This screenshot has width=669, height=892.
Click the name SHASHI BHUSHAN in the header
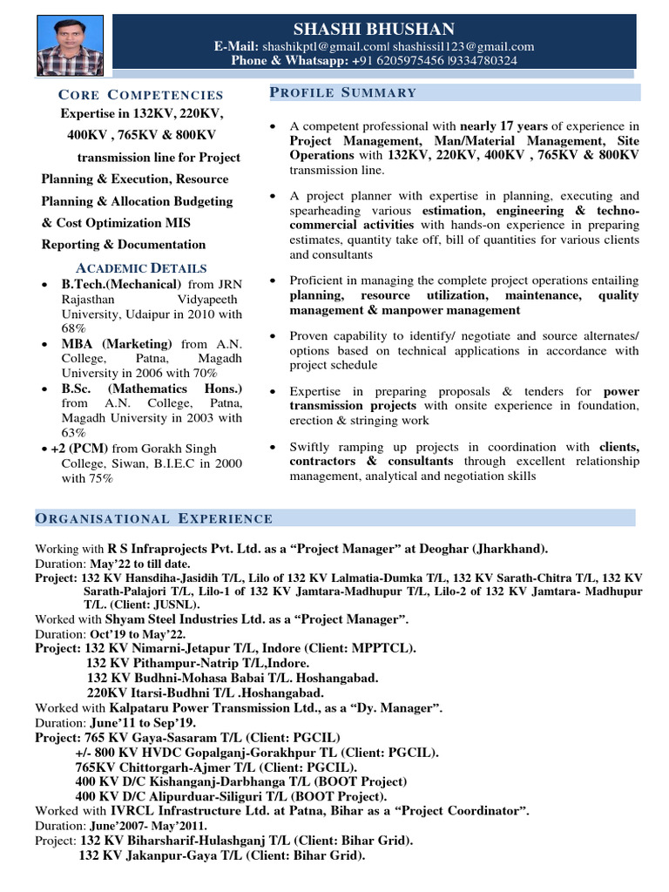[x=374, y=29]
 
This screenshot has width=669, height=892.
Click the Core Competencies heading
[x=140, y=94]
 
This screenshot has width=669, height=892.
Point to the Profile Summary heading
[x=343, y=92]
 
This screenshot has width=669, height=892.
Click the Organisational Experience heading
[x=153, y=519]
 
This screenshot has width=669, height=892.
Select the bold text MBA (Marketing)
[x=116, y=344]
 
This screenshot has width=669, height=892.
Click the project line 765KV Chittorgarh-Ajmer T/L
[x=215, y=767]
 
